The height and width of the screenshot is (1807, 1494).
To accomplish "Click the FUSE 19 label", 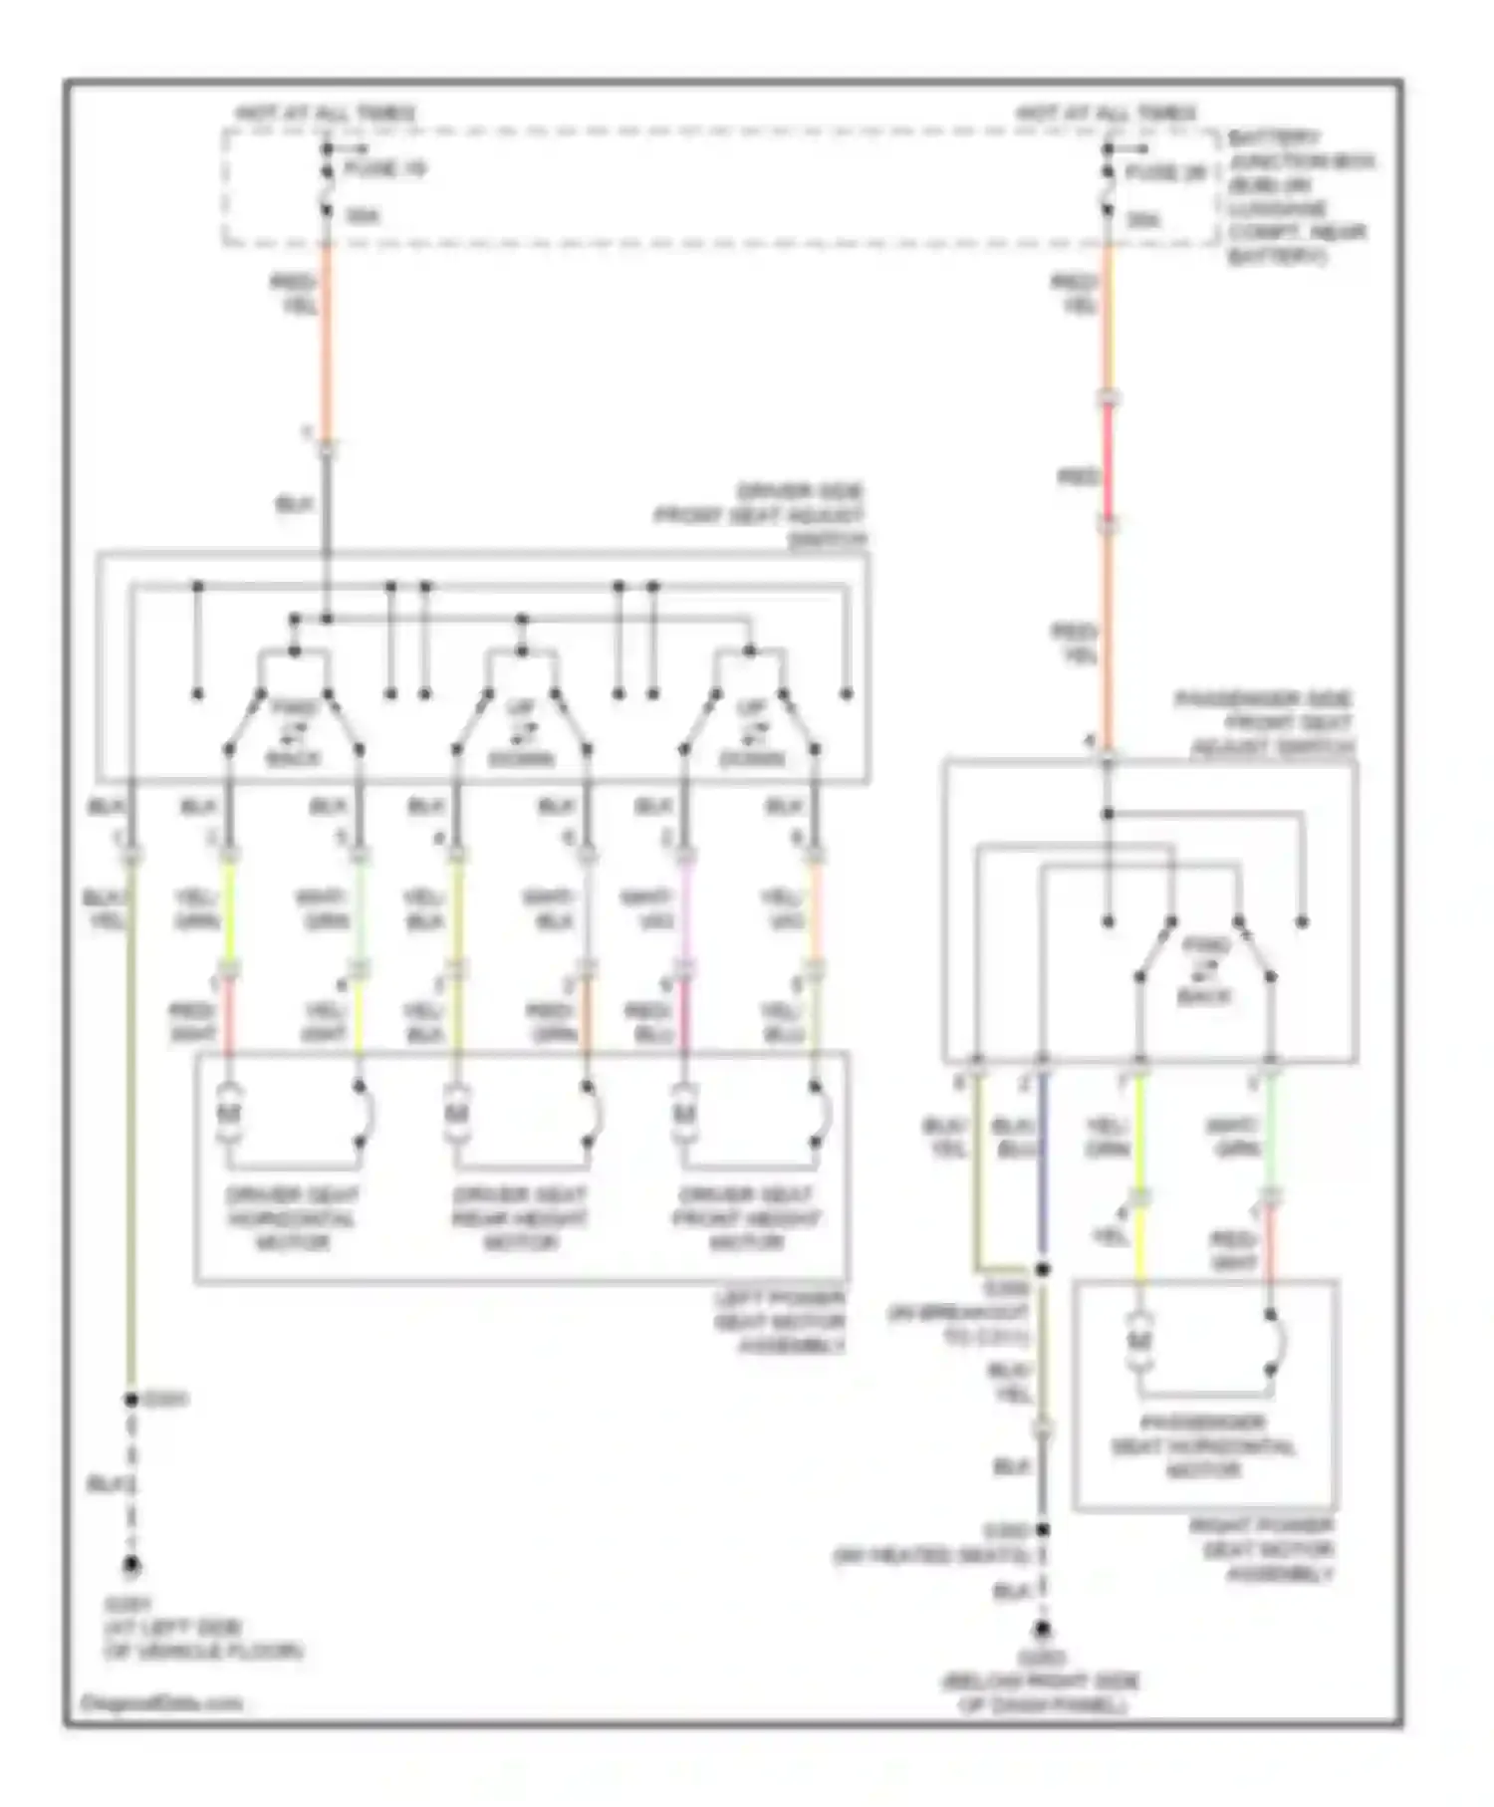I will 384,169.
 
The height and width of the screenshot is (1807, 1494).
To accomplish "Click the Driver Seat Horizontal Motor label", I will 292,1218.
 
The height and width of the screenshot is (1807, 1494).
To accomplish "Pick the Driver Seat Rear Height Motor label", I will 520,1218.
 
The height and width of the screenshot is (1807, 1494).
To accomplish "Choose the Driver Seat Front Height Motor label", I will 747,1218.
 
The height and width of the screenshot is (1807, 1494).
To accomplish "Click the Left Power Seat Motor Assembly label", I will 780,1323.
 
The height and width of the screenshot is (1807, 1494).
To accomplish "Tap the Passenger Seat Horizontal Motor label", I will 1203,1446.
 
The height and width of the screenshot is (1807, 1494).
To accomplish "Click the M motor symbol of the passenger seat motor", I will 1139,1343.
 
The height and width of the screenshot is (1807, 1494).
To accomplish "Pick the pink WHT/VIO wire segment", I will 685,911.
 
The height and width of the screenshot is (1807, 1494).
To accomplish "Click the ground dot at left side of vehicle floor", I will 130,1567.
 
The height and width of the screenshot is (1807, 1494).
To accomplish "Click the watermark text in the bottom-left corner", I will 160,1703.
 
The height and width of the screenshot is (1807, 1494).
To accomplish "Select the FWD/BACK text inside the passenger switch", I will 1205,970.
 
